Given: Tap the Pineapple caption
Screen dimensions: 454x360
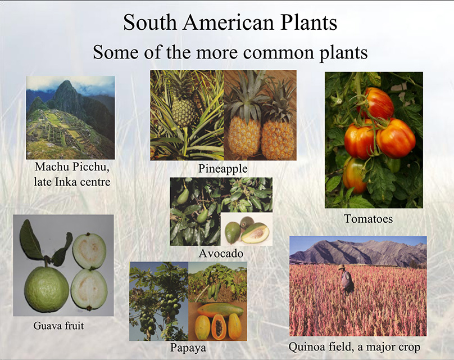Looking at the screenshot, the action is pos(223,169).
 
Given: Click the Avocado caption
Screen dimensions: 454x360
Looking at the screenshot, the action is pos(221,254).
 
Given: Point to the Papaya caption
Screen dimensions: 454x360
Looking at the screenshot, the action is pos(188,348).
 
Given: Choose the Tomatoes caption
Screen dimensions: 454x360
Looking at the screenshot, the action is pos(368,219).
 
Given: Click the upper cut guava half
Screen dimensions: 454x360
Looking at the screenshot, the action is pos(89,251).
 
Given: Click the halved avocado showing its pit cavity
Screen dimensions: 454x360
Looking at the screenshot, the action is pos(255,233).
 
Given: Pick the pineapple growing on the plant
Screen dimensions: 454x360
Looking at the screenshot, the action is pos(184,112).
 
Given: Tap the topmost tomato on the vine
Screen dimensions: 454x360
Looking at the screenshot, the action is pos(376,103).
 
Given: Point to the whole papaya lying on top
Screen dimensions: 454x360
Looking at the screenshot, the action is pos(220,310).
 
